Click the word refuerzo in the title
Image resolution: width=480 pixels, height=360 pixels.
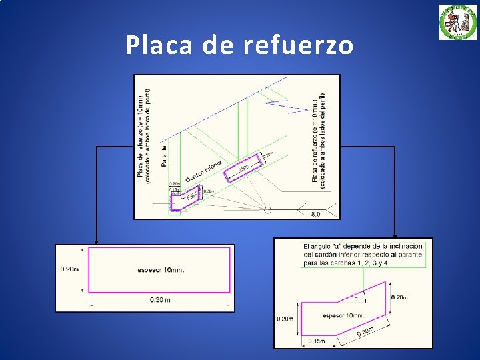pyautogui.click(x=299, y=45)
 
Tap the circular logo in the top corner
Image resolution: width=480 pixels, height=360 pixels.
pyautogui.click(x=458, y=22)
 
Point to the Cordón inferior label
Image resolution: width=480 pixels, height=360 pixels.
pyautogui.click(x=203, y=171)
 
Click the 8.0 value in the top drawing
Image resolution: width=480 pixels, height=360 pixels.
pyautogui.click(x=315, y=214)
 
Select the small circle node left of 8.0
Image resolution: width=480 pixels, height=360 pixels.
pyautogui.click(x=267, y=210)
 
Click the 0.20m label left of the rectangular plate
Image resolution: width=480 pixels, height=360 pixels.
pyautogui.click(x=69, y=269)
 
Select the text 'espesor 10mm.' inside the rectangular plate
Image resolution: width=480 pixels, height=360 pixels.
pyautogui.click(x=161, y=270)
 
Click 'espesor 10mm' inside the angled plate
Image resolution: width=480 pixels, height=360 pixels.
pyautogui.click(x=342, y=315)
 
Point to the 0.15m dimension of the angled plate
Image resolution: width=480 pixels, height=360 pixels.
pyautogui.click(x=316, y=341)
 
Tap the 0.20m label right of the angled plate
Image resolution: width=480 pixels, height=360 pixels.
pyautogui.click(x=400, y=297)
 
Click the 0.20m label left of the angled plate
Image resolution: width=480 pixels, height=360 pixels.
pyautogui.click(x=285, y=319)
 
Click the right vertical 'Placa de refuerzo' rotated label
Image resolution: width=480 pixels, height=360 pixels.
pyautogui.click(x=319, y=137)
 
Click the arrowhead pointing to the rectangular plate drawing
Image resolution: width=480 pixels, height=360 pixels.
pyautogui.click(x=97, y=241)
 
